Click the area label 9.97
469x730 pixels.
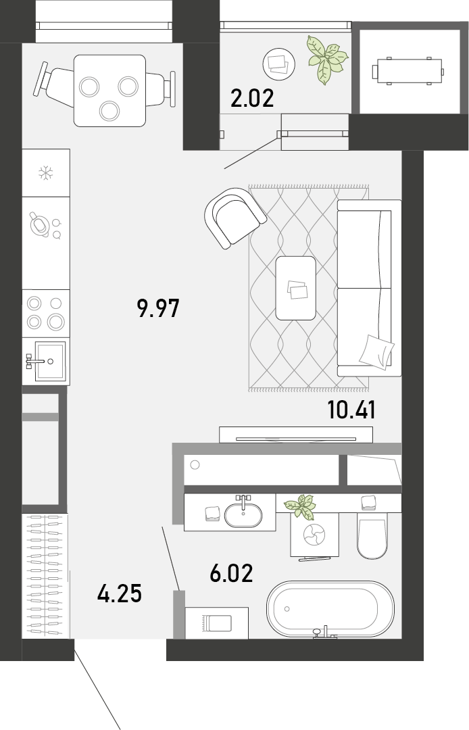pos(158,308)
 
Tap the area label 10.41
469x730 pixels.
pos(351,410)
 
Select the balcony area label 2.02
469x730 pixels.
pos(252,99)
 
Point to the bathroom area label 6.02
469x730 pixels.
pos(231,573)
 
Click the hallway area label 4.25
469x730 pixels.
pos(120,593)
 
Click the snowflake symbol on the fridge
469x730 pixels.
pos(45,173)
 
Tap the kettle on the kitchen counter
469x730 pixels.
pos(40,224)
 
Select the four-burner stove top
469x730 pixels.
pos(45,314)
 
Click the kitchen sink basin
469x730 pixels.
pos(50,361)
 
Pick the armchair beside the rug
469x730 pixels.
pos(235,218)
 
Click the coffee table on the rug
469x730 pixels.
pos(296,288)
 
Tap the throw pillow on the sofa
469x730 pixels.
pos(376,352)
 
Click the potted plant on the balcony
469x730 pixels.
pos(326,59)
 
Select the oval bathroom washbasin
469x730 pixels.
pos(243,515)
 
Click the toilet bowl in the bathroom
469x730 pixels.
pos(372,535)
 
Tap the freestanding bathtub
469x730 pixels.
pos(330,609)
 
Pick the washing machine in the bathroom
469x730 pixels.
pos(314,535)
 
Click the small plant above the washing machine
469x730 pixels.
pos(301,506)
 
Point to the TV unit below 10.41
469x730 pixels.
pos(296,435)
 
